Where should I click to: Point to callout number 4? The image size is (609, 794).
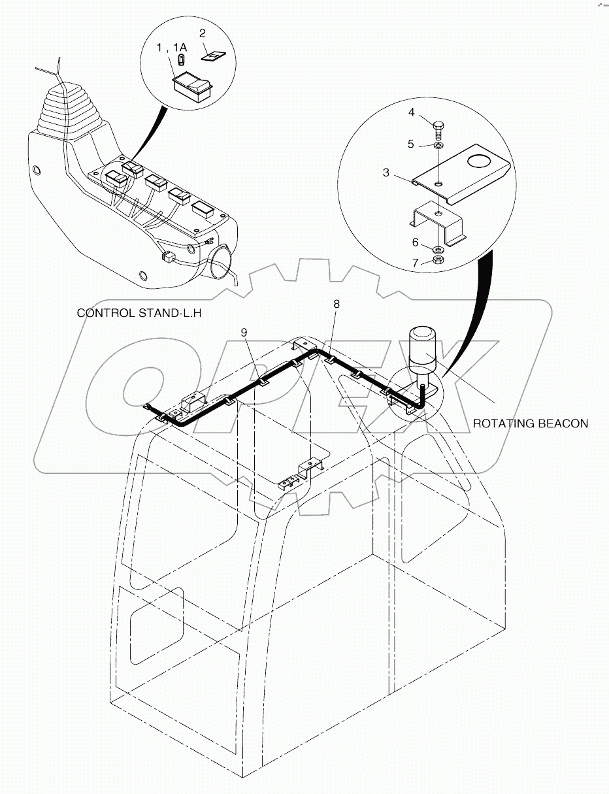(x=411, y=112)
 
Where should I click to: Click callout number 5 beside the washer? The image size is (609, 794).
(x=411, y=144)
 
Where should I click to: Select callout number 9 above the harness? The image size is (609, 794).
(x=244, y=333)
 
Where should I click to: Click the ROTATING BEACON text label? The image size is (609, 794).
(x=530, y=423)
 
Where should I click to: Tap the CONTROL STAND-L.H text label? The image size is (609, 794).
(x=139, y=313)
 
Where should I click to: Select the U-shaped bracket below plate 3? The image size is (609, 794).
(x=439, y=222)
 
